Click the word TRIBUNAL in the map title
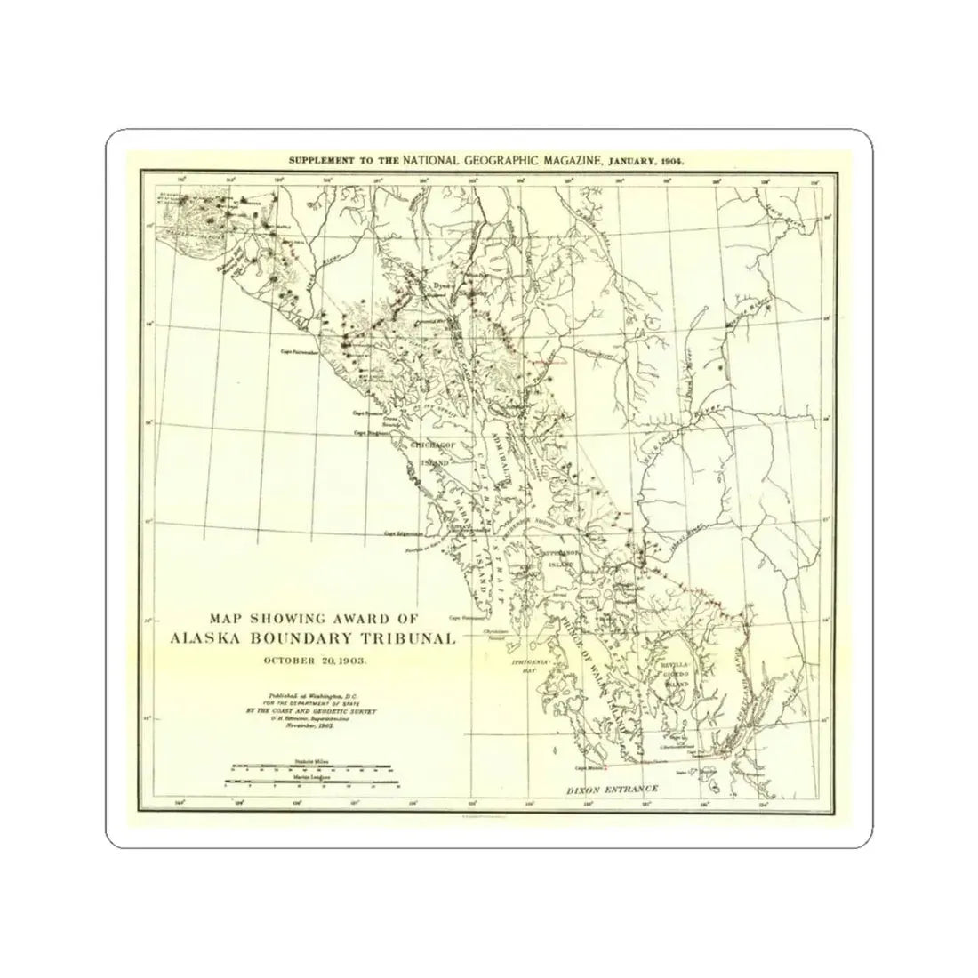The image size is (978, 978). point(405,637)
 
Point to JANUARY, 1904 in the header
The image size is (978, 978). point(652,161)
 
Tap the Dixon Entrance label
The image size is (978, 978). point(614,790)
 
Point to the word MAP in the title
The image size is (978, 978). point(228,617)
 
